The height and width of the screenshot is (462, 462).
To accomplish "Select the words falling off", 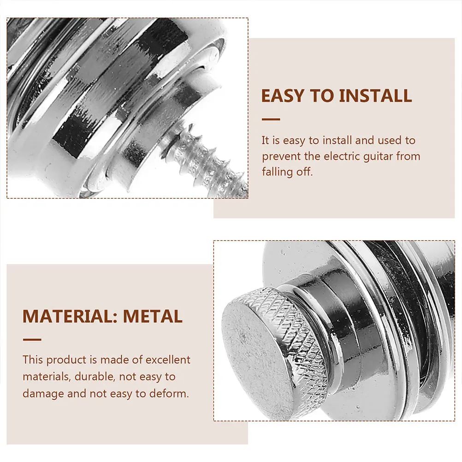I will [x=287, y=172].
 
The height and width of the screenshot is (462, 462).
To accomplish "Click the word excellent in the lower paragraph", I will [x=167, y=360].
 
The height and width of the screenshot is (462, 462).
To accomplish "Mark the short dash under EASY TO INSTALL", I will [x=271, y=119].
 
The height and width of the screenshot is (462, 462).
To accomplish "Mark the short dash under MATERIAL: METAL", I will [x=32, y=340].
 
